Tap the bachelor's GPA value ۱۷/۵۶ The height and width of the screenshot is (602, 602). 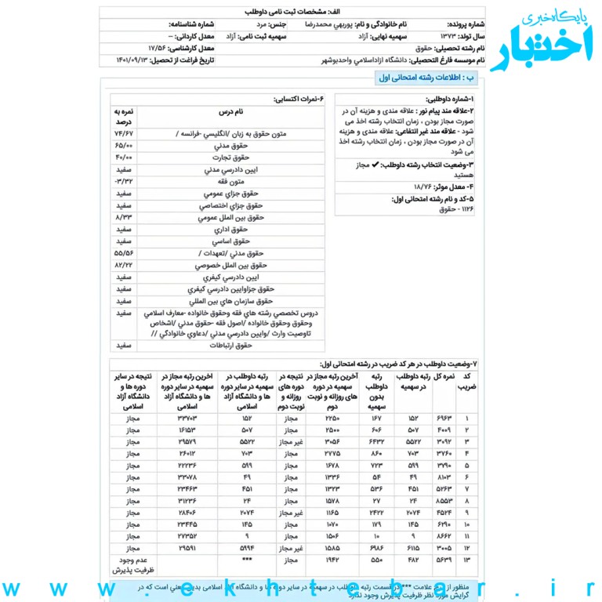click(156, 48)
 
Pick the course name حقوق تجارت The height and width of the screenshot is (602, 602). click(230, 158)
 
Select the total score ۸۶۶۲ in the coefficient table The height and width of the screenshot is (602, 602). click(444, 535)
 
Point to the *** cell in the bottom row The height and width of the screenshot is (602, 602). click(246, 559)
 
